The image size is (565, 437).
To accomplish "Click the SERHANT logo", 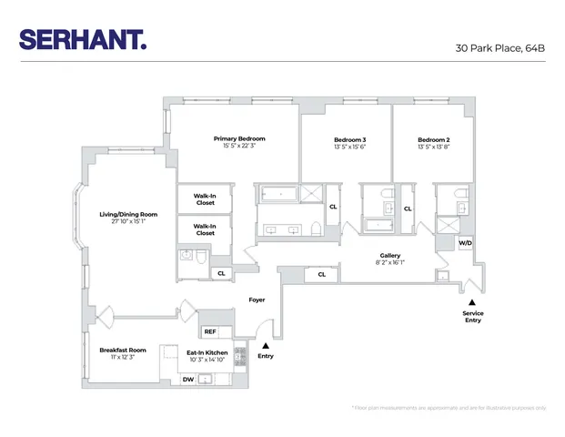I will click(81, 40).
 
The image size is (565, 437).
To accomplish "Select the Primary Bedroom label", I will click(239, 138).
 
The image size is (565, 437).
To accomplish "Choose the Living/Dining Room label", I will click(127, 215).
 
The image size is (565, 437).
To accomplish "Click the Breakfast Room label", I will click(123, 350).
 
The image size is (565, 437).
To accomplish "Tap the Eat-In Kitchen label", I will click(207, 351).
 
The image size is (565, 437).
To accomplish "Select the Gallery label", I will click(390, 256).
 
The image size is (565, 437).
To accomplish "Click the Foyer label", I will click(257, 300).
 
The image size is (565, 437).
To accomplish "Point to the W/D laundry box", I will click(465, 243).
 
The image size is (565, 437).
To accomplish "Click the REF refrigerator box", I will click(209, 331).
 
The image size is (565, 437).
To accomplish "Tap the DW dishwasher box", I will click(187, 379).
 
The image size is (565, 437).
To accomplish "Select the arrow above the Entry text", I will click(266, 344).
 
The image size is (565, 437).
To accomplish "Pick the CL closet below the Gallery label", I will click(321, 274).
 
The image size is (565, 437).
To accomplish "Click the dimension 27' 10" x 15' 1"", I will click(127, 221).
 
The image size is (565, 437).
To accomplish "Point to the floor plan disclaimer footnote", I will click(448, 408).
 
